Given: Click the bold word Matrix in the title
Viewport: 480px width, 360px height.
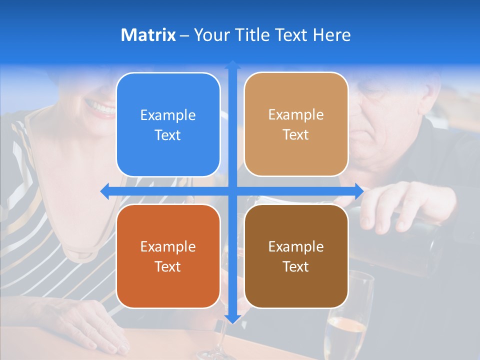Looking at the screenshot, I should (x=148, y=35).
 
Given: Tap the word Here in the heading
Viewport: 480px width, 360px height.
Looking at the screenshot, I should (x=331, y=35).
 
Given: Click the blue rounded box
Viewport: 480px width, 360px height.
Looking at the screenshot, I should (x=168, y=125).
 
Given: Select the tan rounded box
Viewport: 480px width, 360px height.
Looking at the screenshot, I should (x=296, y=124).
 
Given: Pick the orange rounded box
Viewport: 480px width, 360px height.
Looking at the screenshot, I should (x=168, y=256).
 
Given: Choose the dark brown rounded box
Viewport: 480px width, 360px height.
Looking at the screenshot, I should (x=296, y=256).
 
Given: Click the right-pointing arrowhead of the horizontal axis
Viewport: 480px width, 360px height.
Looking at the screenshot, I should (x=358, y=191).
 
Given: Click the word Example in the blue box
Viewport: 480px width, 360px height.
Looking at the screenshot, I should (x=168, y=115).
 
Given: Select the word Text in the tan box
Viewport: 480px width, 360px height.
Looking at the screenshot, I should (x=296, y=135).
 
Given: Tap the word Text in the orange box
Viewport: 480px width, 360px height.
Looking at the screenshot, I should (x=168, y=266).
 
